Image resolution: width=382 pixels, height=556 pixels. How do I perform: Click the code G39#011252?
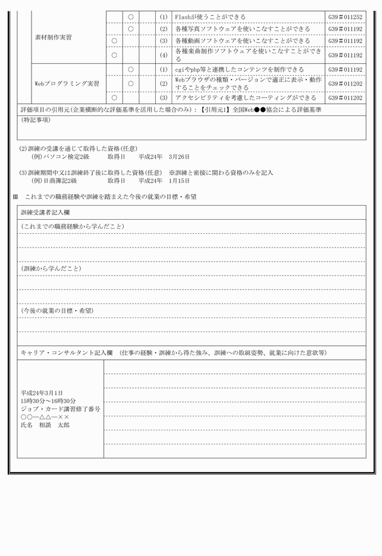tap(345, 17)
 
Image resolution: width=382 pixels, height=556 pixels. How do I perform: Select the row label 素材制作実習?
tap(53, 38)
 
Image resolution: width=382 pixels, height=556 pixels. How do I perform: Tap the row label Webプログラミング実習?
tap(67, 83)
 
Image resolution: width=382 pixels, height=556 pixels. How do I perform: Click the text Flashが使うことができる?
tap(210, 17)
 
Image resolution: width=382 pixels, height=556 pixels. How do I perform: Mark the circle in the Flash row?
tap(130, 17)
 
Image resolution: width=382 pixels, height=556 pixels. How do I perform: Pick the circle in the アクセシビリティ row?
tap(114, 97)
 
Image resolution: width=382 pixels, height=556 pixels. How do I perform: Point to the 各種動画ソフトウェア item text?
tap(243, 41)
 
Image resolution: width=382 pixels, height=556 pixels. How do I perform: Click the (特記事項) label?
tap(36, 120)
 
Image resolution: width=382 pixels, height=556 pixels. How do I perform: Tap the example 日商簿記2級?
tap(55, 181)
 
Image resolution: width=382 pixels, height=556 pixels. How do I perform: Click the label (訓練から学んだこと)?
tap(51, 268)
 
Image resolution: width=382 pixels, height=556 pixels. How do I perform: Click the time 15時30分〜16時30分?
tap(49, 401)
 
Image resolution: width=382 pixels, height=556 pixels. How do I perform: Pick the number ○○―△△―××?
tap(45, 417)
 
